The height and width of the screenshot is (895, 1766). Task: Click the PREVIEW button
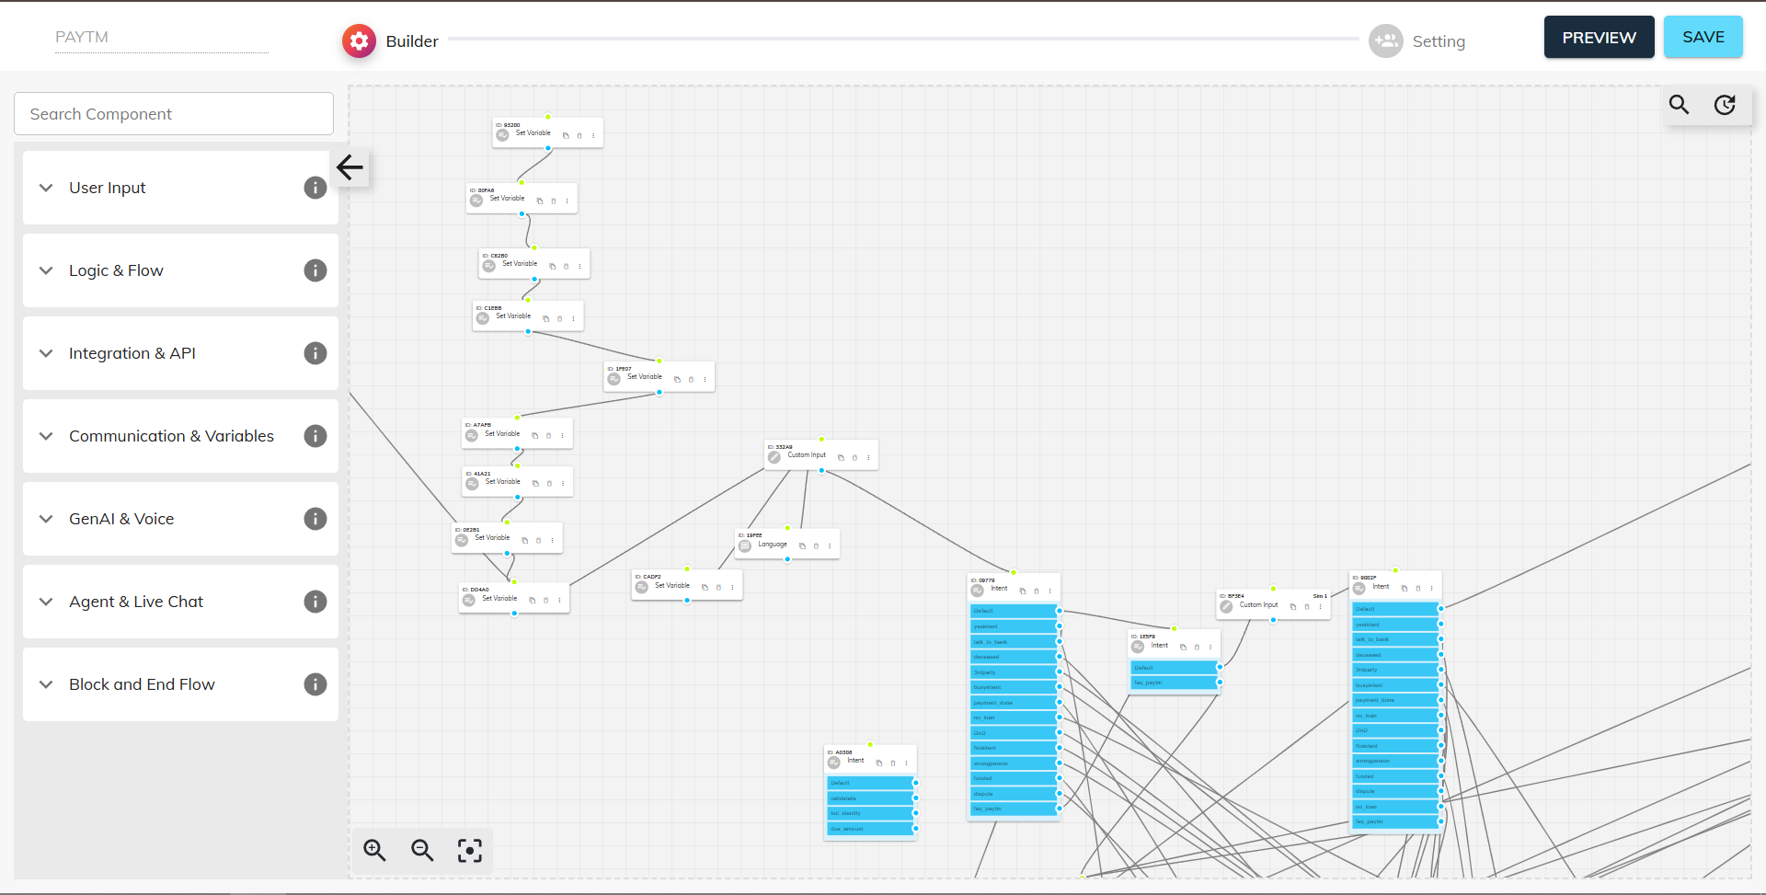[x=1599, y=38]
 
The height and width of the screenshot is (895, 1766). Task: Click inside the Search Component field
[x=174, y=114]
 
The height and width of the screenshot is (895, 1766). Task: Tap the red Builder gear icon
[x=359, y=41]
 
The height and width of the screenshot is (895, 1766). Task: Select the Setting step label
[x=1438, y=41]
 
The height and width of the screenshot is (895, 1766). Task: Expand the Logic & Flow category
[x=116, y=270]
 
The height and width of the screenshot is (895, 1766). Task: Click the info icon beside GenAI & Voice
[x=315, y=519]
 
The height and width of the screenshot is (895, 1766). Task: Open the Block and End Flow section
[x=142, y=684]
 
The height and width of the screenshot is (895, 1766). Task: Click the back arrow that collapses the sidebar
[x=350, y=167]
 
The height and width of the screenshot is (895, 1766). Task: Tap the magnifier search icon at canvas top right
[x=1679, y=105]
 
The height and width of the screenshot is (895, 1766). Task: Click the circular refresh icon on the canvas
[x=1725, y=105]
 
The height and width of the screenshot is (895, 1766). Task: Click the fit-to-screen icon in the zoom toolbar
[x=470, y=850]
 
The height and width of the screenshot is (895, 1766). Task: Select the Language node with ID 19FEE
[x=773, y=545]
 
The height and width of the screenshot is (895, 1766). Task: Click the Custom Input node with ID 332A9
[x=807, y=455]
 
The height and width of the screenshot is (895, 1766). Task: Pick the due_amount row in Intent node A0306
[x=868, y=829]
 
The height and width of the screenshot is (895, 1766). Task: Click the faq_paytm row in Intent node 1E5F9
[x=1172, y=683]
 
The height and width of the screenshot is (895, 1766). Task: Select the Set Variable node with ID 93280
[x=533, y=133]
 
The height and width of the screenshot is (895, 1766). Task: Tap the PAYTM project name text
[x=82, y=37]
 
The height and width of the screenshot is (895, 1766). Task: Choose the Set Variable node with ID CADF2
[x=671, y=586]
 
